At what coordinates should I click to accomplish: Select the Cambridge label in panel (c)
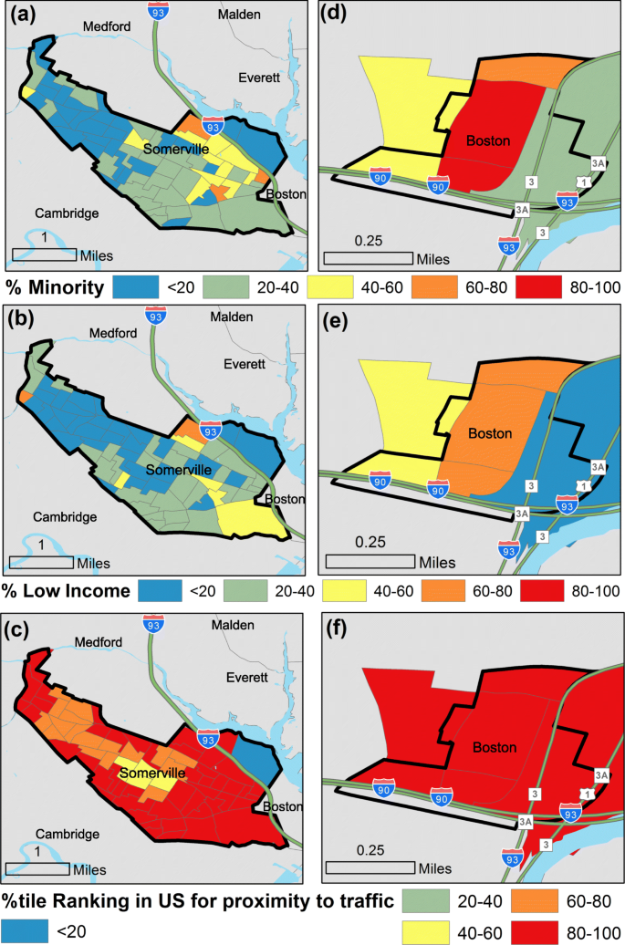pyautogui.click(x=66, y=832)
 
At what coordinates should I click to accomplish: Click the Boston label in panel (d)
pyautogui.click(x=488, y=140)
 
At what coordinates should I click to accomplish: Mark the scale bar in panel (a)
pyautogui.click(x=44, y=254)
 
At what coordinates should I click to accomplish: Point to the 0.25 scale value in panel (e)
pyautogui.click(x=370, y=541)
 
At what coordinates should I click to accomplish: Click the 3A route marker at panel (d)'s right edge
pyautogui.click(x=599, y=163)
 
